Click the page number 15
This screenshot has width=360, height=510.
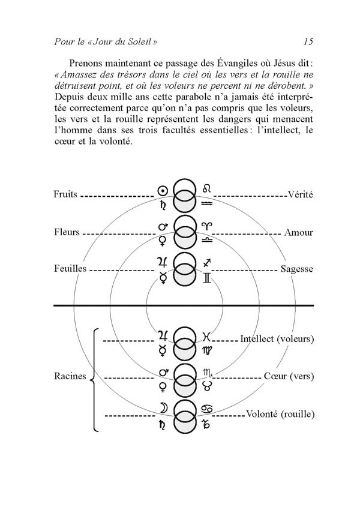pos(308,41)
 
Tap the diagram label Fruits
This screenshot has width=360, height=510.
pos(65,194)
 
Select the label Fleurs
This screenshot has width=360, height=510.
pos(66,232)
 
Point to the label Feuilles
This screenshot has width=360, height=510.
pos(69,269)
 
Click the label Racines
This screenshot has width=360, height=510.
pos(69,377)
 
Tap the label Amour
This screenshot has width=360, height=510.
pos(299,232)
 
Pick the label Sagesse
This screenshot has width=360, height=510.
pos(296,269)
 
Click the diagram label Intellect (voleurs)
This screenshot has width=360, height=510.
pos(277,339)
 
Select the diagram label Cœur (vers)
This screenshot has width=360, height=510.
pos(289,377)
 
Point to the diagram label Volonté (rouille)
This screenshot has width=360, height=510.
pos(280,414)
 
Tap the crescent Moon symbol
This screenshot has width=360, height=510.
pos(162,409)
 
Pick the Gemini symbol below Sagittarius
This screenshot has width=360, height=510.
pos(207,277)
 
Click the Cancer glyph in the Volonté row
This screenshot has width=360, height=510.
pos(207,409)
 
